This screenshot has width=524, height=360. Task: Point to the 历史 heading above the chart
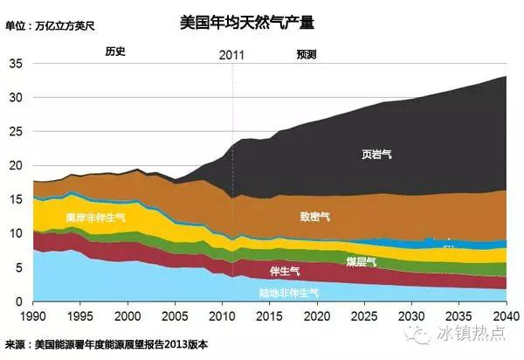click(115, 52)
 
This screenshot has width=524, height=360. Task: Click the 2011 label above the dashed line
click(231, 54)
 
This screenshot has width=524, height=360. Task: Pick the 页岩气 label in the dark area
click(377, 155)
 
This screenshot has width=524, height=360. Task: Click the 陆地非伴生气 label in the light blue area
click(288, 291)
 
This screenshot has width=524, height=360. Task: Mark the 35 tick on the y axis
click(16, 64)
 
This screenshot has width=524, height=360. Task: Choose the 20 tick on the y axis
click(16, 166)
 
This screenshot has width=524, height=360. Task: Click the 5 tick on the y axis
click(19, 268)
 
